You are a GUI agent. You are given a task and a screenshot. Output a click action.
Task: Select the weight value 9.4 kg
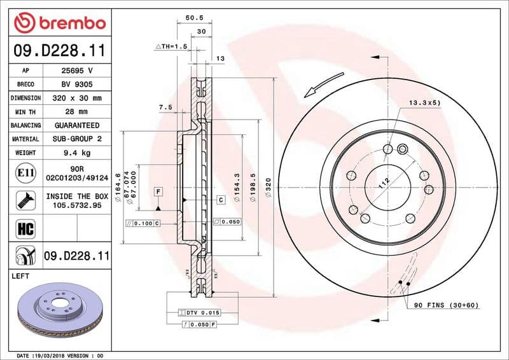(76, 153)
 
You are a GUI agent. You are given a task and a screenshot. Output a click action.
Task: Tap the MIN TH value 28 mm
(76, 112)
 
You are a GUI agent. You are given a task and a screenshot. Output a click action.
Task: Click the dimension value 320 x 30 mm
(76, 98)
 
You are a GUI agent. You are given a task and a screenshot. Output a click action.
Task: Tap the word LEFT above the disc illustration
(22, 277)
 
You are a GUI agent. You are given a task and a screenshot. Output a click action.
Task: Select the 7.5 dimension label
(165, 107)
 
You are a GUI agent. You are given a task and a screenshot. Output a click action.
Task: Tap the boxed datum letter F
(157, 191)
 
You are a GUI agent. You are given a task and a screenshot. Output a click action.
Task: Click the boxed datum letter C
(221, 200)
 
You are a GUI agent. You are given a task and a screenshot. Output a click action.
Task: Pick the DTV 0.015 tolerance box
(202, 313)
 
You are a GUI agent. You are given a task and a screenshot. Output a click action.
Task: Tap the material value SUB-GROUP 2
(76, 139)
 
